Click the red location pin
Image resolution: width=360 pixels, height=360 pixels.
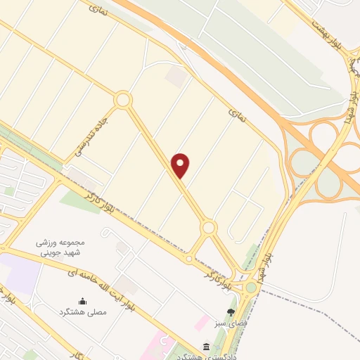click(181, 165)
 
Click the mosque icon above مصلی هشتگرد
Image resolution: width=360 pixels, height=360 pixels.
click(84, 299)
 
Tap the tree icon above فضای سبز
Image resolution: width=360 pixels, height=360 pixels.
click(231, 311)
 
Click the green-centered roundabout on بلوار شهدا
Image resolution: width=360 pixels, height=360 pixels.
click(250, 287)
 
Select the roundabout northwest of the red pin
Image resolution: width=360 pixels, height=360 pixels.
click(123, 100)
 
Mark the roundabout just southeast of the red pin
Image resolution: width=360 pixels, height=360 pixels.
click(208, 227)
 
